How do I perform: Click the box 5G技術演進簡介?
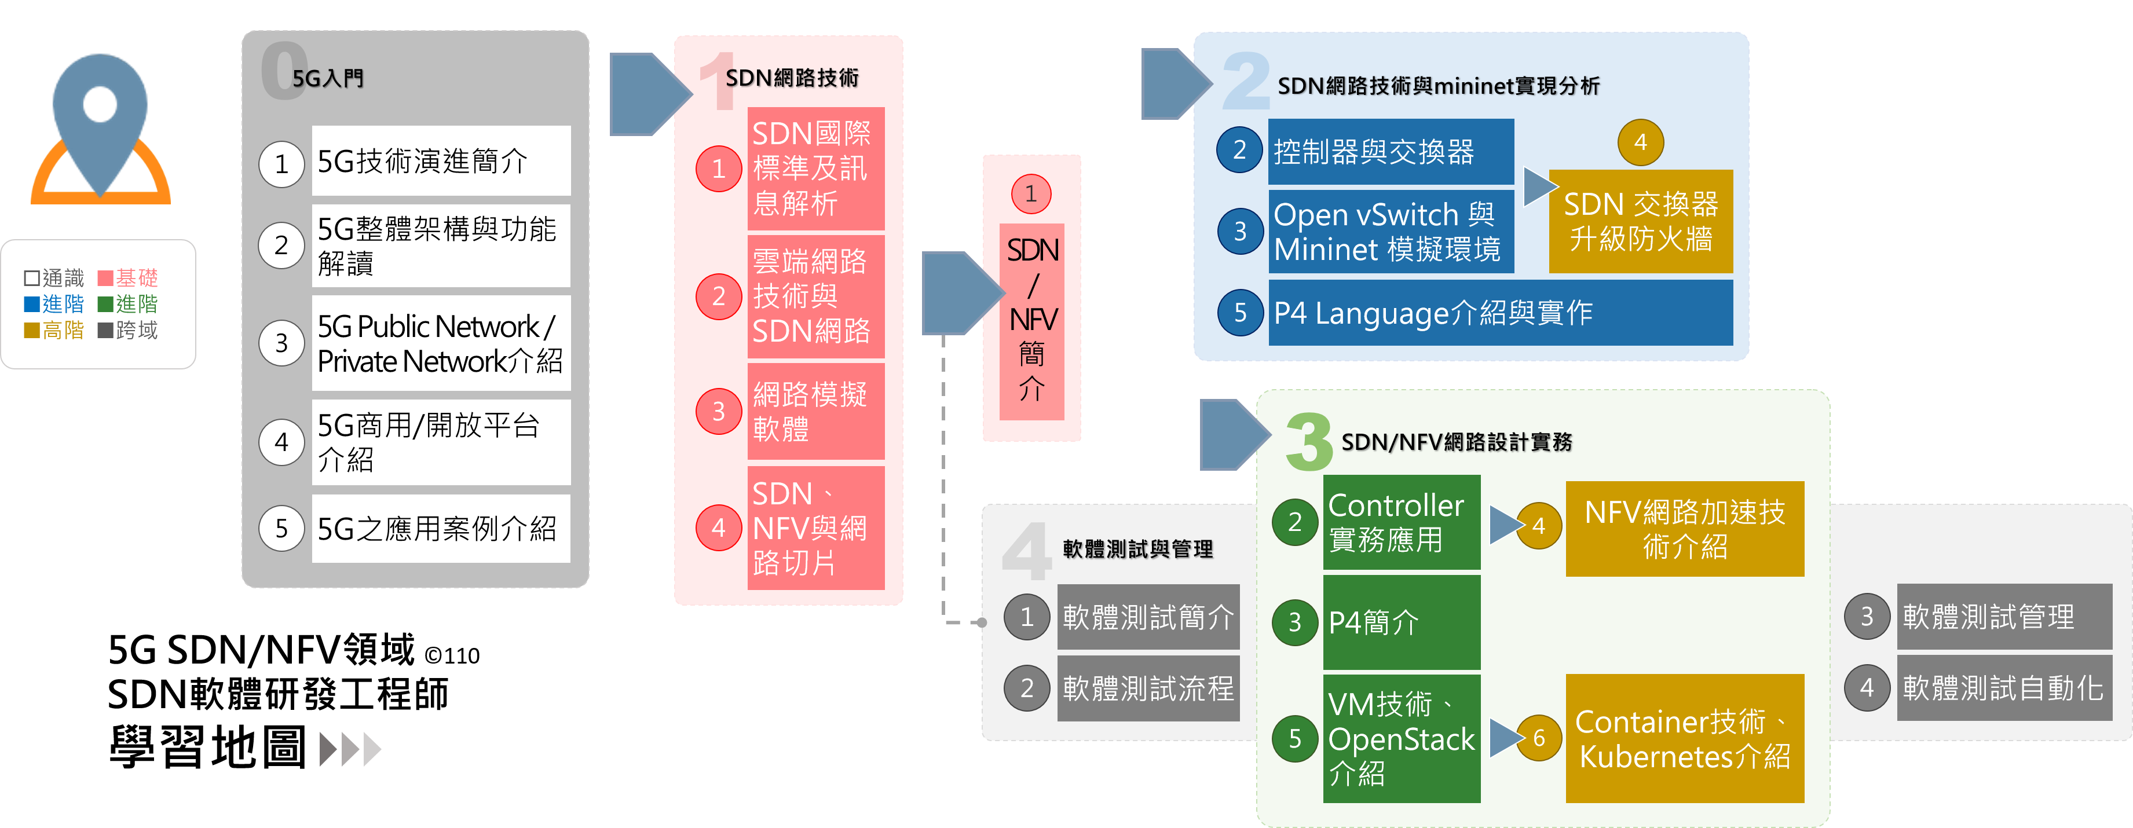click(x=441, y=160)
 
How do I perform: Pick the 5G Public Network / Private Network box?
click(x=441, y=343)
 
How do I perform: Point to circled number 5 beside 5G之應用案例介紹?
click(x=281, y=528)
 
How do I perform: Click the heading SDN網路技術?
click(x=792, y=78)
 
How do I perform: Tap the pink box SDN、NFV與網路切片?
click(x=815, y=528)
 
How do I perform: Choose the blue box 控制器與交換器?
click(x=1391, y=152)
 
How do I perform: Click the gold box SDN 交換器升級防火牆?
click(x=1640, y=221)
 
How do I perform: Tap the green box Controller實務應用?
click(x=1401, y=522)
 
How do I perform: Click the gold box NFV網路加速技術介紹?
click(x=1684, y=528)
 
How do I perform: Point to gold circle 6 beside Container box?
click(x=1538, y=737)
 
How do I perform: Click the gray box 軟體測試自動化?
click(x=2004, y=687)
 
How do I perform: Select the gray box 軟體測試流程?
click(x=1148, y=688)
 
